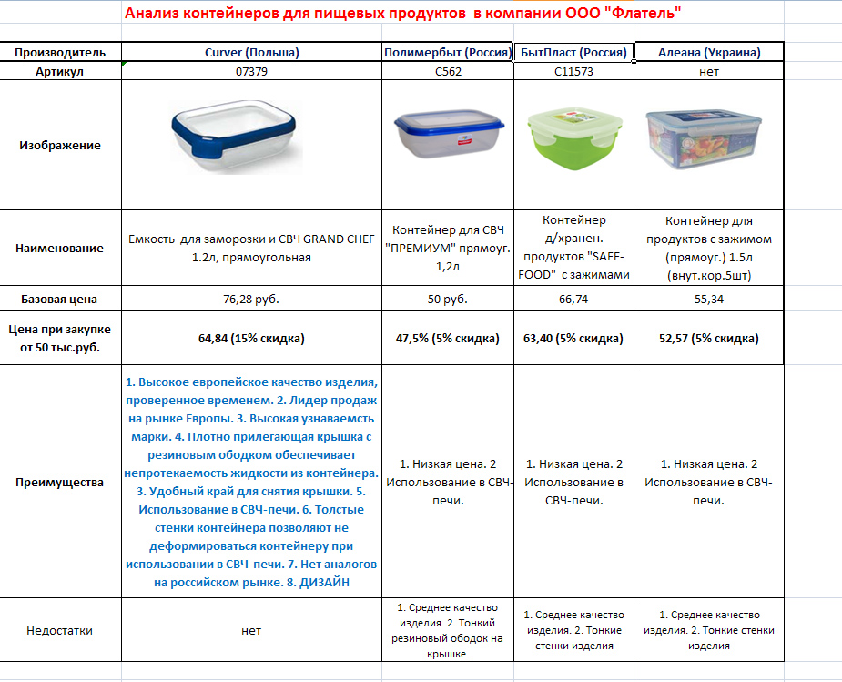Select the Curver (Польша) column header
pyautogui.click(x=251, y=52)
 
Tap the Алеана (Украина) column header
pyautogui.click(x=709, y=52)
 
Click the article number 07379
pyautogui.click(x=251, y=72)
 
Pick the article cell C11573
pyautogui.click(x=573, y=72)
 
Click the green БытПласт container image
pyautogui.click(x=573, y=144)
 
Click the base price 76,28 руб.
pyautogui.click(x=251, y=299)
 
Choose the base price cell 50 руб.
pyautogui.click(x=448, y=299)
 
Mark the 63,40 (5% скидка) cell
pyautogui.click(x=573, y=338)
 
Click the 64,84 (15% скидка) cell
pyautogui.click(x=251, y=338)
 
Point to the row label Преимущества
pyautogui.click(x=60, y=482)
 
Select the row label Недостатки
pyautogui.click(x=60, y=630)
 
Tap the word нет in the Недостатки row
pyautogui.click(x=251, y=630)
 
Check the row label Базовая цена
pyautogui.click(x=60, y=299)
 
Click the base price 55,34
pyautogui.click(x=709, y=299)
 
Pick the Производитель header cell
pyautogui.click(x=60, y=52)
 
